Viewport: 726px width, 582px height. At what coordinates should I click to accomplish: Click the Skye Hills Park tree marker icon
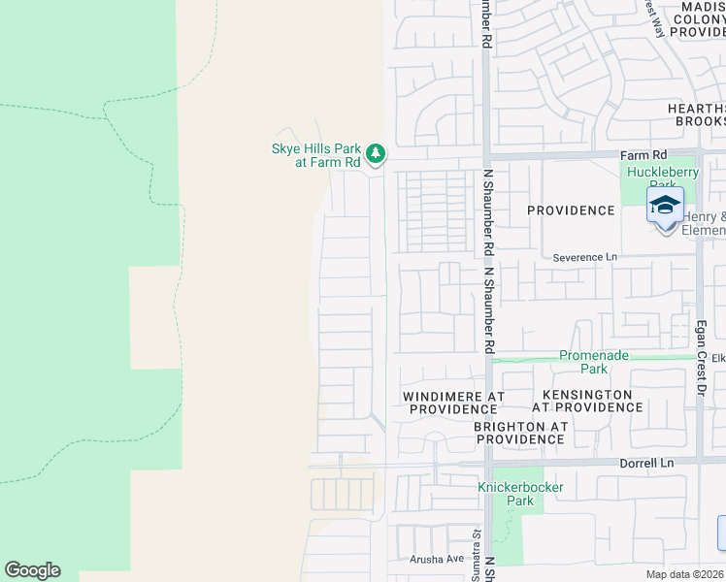[x=376, y=153]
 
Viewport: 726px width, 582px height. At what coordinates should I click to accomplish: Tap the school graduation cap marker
[x=665, y=207]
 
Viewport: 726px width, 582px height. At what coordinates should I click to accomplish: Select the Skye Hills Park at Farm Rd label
[x=314, y=155]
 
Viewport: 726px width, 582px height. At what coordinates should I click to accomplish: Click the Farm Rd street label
[x=644, y=155]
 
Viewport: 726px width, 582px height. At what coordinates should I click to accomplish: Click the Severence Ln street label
[x=585, y=257]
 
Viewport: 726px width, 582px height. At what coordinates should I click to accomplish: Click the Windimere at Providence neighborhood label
[x=453, y=403]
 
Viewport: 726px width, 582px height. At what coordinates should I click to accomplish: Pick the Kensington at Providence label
[x=587, y=402]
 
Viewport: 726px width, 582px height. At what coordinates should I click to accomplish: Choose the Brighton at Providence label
[x=519, y=433]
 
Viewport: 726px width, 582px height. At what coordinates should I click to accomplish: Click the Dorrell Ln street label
[x=645, y=465]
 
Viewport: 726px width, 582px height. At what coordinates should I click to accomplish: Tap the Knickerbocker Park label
[x=520, y=494]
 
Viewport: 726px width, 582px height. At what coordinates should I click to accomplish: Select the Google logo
[x=32, y=570]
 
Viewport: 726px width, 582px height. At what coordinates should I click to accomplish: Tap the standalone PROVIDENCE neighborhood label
[x=571, y=210]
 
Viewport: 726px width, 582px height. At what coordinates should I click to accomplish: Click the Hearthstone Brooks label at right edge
[x=696, y=114]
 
